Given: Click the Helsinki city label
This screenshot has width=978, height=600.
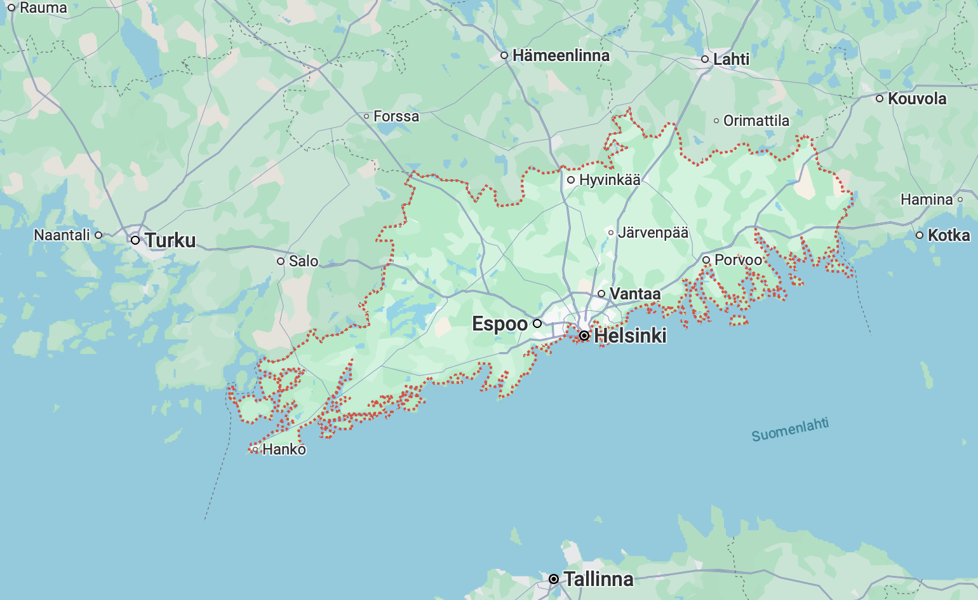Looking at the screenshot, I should point(630,336).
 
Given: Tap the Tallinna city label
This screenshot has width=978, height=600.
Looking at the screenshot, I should point(598,579).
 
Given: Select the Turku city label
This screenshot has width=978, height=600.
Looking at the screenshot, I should point(170,240).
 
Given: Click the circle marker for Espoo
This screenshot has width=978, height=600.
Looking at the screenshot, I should point(537,324).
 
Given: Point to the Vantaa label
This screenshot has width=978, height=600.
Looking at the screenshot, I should point(635,294).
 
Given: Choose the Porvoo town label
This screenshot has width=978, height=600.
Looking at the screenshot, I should point(738,260).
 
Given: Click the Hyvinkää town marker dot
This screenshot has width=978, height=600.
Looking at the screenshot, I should point(571,180).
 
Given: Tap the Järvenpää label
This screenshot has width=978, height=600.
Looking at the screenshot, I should point(653,233).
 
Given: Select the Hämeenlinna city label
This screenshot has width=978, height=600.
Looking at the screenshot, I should point(561,56).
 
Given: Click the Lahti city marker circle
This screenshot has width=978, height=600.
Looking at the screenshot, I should point(705,59).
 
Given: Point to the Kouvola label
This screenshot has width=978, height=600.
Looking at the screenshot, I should point(917,99).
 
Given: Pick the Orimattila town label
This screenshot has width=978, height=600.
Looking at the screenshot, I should point(756,121).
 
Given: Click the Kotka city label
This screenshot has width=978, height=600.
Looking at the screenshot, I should point(949,235).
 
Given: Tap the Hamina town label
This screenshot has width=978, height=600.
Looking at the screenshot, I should point(927,200).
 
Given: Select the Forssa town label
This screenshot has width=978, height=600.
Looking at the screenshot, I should point(396,116).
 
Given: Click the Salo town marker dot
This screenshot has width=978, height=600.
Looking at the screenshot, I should point(281,261).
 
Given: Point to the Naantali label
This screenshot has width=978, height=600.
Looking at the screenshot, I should point(62,235).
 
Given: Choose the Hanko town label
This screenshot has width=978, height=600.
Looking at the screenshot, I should point(284,449).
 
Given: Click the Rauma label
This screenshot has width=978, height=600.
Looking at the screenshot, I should point(43,8).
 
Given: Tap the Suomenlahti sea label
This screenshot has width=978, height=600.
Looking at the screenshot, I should point(790,430).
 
